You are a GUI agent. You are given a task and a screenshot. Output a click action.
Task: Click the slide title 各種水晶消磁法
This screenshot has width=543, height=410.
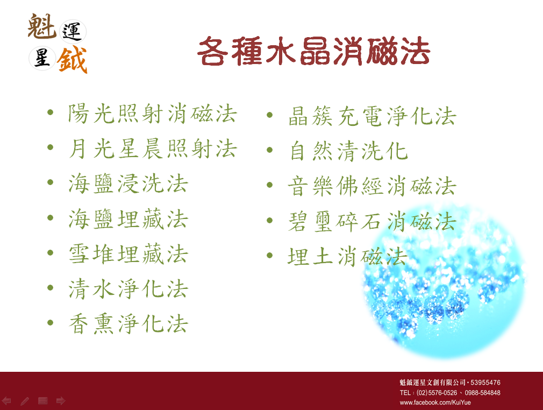pyautogui.click(x=314, y=51)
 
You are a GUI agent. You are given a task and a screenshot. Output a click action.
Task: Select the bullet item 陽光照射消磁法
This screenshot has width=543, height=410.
pyautogui.click(x=153, y=114)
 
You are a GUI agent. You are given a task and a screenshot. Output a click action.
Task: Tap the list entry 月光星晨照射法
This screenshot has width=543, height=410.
pyautogui.click(x=153, y=149)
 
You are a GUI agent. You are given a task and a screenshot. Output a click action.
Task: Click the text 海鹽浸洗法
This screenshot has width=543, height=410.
pyautogui.click(x=128, y=183)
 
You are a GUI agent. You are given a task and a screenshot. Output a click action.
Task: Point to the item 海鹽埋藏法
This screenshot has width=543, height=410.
pyautogui.click(x=128, y=218)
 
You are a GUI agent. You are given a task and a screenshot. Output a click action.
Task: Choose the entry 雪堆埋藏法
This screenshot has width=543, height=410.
pyautogui.click(x=128, y=253)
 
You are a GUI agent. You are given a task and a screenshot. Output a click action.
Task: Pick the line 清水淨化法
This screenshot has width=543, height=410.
pyautogui.click(x=128, y=289)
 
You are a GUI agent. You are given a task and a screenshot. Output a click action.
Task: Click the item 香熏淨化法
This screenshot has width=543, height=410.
pyautogui.click(x=128, y=324)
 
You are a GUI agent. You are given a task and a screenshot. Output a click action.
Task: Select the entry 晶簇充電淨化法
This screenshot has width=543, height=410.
pyautogui.click(x=372, y=116)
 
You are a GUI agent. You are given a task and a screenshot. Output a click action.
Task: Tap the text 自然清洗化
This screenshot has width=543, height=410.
pyautogui.click(x=348, y=151)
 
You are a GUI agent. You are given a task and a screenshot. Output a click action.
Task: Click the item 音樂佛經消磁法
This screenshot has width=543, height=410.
pyautogui.click(x=372, y=186)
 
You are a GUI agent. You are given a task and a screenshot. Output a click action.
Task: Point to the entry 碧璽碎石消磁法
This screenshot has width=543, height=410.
pyautogui.click(x=372, y=222)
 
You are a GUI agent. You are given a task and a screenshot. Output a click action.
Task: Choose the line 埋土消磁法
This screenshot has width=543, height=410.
pyautogui.click(x=347, y=257)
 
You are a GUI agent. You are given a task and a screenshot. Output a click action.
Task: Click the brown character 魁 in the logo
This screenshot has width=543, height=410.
pyautogui.click(x=41, y=26)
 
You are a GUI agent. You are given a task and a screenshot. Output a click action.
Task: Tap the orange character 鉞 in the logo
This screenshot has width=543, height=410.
pyautogui.click(x=72, y=60)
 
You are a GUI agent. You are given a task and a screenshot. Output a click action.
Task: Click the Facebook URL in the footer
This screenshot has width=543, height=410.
pyautogui.click(x=435, y=402)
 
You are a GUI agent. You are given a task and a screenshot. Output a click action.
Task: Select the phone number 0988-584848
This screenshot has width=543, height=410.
pyautogui.click(x=482, y=393)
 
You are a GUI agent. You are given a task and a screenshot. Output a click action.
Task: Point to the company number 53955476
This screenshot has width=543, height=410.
pyautogui.click(x=485, y=383)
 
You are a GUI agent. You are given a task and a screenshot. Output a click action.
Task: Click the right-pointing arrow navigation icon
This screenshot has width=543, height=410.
pyautogui.click(x=61, y=401)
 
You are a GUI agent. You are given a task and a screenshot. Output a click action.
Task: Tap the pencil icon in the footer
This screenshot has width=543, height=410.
pyautogui.click(x=25, y=401)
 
